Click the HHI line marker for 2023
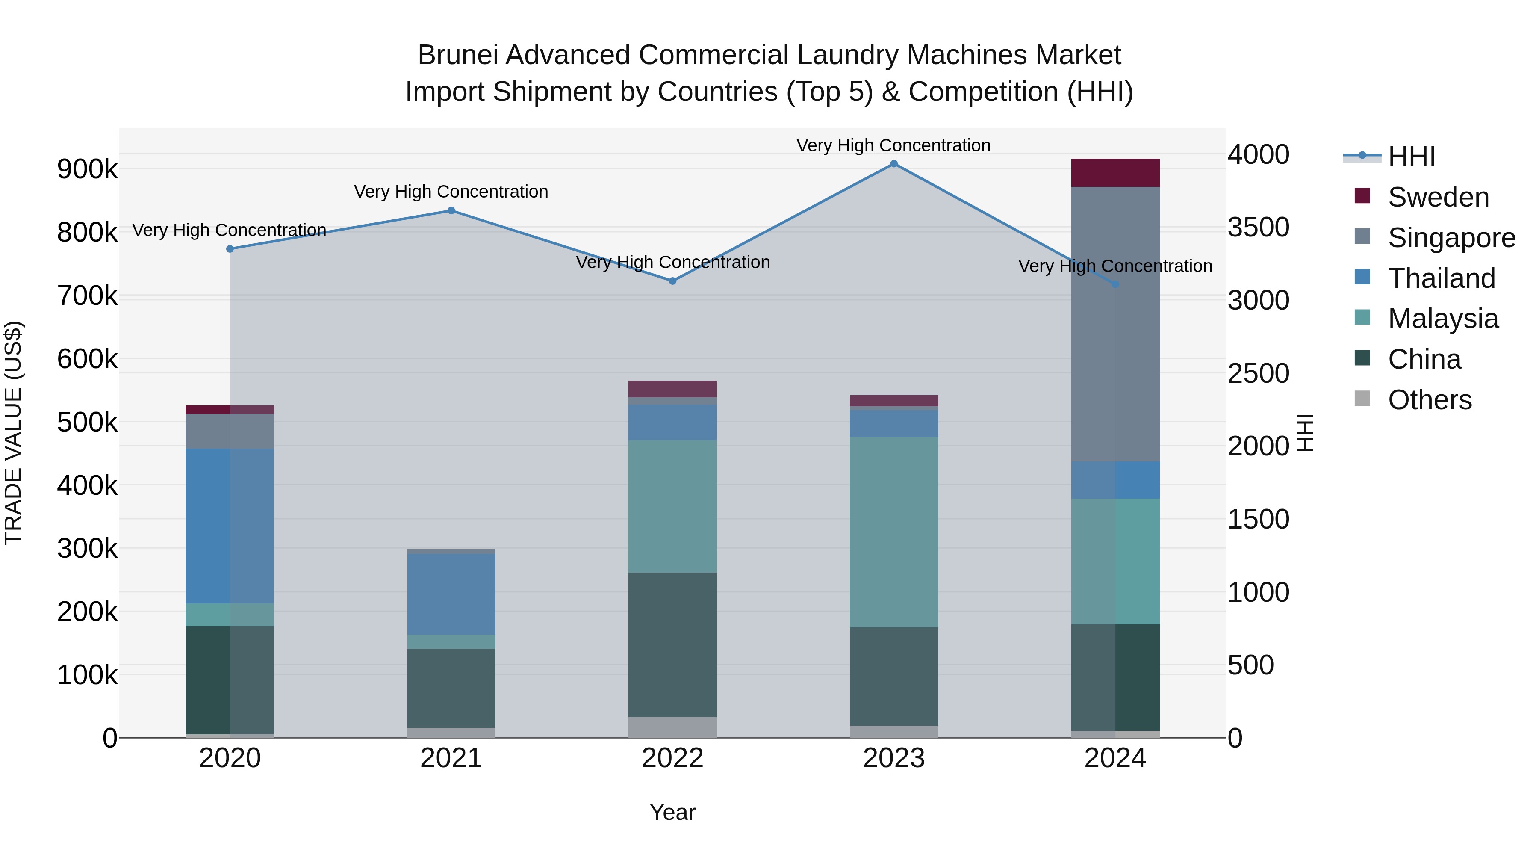coord(894,164)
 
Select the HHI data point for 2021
coord(451,210)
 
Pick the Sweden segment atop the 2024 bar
coord(1115,173)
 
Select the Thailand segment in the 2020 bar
coord(230,526)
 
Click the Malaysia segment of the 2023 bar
coord(894,532)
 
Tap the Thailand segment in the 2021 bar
coord(451,594)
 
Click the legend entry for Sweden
coord(1438,197)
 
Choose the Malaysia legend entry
coord(1443,319)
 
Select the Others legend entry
coord(1430,400)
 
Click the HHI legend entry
coord(1411,157)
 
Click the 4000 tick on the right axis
coord(1258,154)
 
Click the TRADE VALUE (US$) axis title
coord(13,433)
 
